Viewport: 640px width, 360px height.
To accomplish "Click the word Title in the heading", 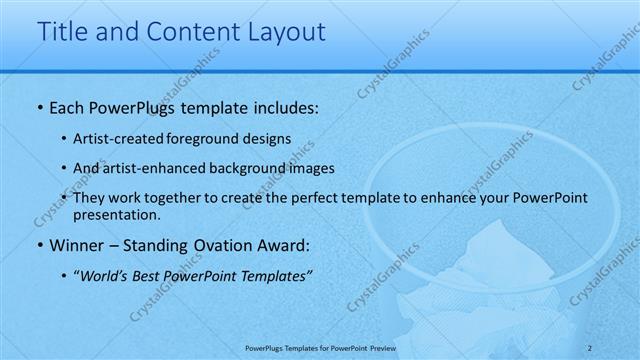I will pos(62,32).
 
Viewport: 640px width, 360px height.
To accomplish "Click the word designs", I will pos(268,139).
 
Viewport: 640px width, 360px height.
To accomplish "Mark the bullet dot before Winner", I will pos(39,245).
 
